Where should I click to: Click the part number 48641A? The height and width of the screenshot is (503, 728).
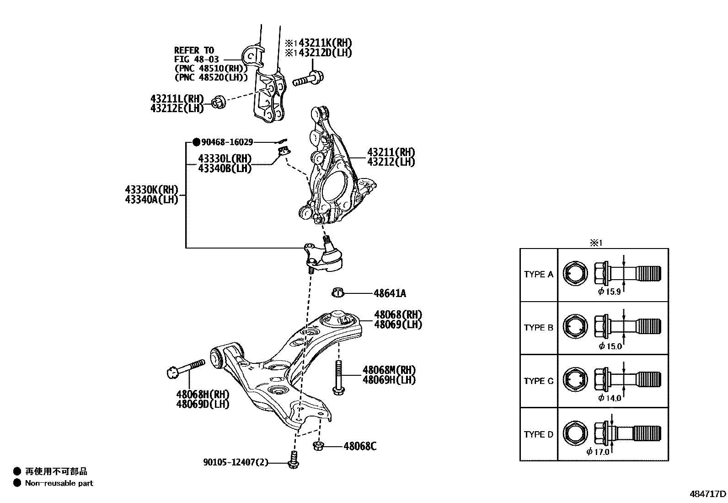point(390,293)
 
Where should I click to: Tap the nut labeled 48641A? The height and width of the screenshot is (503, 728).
point(338,292)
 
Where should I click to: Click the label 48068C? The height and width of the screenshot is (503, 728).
point(360,446)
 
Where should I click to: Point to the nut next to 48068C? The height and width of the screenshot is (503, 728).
point(319,445)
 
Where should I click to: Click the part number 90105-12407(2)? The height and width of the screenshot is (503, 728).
point(236,463)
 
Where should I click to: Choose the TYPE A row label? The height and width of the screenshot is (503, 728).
point(538,275)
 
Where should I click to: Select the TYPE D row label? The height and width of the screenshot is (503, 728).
point(538,434)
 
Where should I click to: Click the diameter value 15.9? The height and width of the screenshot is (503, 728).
point(612,292)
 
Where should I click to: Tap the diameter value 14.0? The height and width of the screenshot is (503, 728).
point(612,398)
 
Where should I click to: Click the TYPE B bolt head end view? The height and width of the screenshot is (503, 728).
point(574,328)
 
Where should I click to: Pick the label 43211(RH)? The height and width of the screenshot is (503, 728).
point(391,152)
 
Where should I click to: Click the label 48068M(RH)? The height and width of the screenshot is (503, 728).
point(389,370)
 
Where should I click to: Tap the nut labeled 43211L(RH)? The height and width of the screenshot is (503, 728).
point(218,103)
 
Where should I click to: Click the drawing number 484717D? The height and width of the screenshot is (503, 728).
point(707,494)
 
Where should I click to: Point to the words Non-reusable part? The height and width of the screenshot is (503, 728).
point(59,483)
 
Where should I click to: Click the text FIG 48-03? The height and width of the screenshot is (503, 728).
point(197,59)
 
